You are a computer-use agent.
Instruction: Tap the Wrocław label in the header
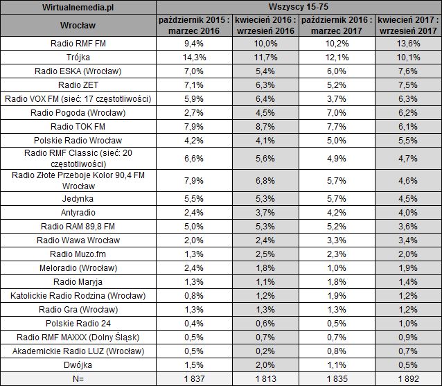(78, 26)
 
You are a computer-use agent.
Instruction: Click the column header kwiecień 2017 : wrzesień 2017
(407, 26)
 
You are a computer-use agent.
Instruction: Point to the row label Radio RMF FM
(78, 43)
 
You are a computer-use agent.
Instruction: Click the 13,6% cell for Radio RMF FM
(407, 43)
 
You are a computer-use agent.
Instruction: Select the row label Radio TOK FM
(78, 126)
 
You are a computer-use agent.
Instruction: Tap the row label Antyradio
(78, 211)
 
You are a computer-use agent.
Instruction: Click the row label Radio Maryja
(78, 281)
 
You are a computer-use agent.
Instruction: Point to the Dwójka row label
(78, 364)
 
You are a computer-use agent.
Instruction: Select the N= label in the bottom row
(78, 378)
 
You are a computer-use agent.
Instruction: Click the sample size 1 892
(407, 378)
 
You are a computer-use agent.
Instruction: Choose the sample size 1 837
(188, 378)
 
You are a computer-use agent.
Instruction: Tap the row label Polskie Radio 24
(78, 322)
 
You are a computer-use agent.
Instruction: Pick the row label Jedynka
(78, 198)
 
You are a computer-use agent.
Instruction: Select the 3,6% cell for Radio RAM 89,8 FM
(407, 225)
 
